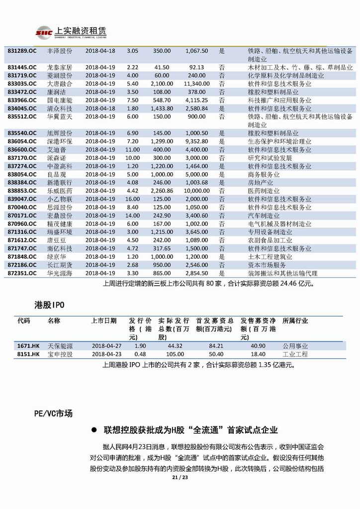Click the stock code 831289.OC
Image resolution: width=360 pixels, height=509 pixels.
(22, 51)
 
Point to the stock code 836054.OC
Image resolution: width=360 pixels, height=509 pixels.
(22, 141)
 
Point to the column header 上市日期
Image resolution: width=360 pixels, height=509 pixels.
(104, 320)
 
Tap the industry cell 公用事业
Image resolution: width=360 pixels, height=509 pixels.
(295, 346)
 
